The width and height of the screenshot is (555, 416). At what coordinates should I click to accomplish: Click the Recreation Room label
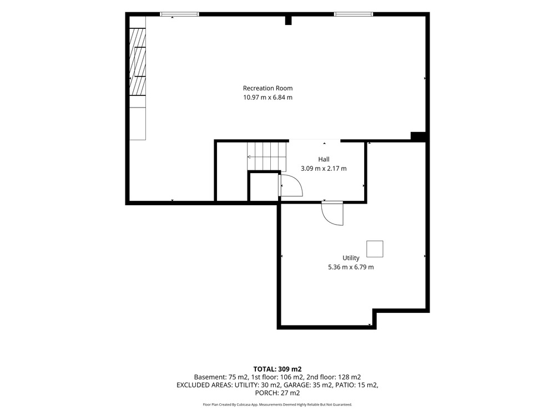tap(268, 88)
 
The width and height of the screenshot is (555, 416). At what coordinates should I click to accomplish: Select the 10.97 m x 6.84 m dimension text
tap(268, 97)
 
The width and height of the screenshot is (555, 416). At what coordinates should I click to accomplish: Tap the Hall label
tap(324, 159)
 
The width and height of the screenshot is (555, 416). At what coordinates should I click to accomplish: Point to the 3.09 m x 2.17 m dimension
tap(324, 169)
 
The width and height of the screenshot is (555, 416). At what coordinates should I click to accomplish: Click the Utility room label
tap(351, 258)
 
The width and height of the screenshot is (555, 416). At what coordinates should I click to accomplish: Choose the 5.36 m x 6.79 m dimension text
tap(351, 267)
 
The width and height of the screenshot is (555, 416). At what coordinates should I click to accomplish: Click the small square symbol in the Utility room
tap(375, 248)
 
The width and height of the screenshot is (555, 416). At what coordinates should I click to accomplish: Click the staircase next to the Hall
tap(267, 156)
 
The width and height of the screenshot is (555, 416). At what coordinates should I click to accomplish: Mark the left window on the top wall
tap(179, 14)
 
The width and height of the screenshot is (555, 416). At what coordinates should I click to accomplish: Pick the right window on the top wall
tap(354, 14)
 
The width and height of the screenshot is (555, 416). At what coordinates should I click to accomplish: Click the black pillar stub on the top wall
tap(288, 21)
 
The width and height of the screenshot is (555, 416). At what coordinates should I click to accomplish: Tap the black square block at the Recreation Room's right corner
tap(418, 136)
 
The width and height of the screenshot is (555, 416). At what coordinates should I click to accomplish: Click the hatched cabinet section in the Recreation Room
tap(138, 62)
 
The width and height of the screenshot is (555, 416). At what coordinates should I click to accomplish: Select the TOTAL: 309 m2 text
tap(277, 369)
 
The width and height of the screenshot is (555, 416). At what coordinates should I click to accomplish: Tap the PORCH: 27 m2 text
tap(277, 393)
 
